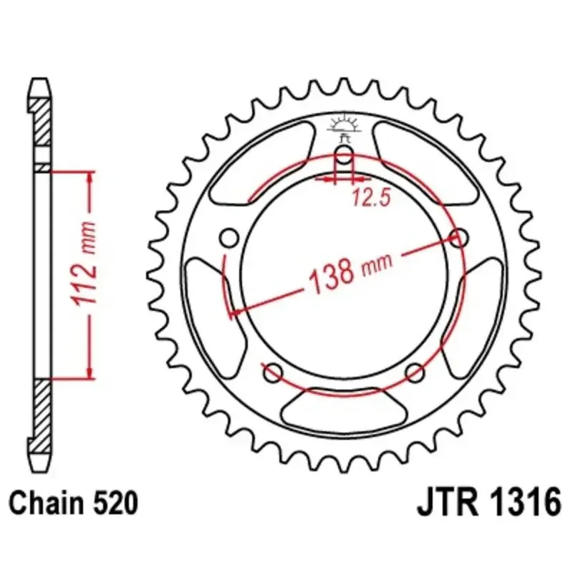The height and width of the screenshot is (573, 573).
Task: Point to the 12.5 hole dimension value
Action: point(372,198)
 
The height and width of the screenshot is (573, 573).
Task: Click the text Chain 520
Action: point(74,503)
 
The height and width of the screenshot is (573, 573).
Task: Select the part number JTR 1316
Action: point(489,503)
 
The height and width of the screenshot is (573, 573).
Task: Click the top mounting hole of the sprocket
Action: point(344,155)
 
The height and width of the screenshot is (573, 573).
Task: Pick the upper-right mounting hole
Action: point(458,238)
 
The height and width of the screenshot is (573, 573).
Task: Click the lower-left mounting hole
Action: point(273,372)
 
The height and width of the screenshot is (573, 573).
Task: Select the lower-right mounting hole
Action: point(415,372)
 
